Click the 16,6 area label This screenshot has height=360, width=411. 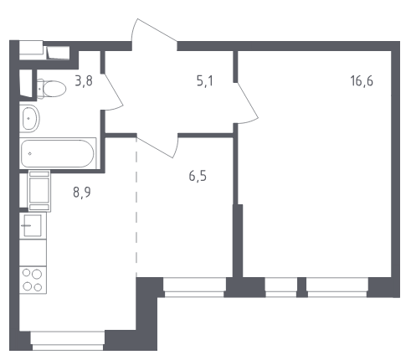(362, 81)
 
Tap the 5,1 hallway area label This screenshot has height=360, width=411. (205, 81)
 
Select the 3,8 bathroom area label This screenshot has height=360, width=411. (84, 81)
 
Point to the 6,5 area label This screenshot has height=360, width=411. (198, 177)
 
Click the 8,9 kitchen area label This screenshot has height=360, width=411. (82, 193)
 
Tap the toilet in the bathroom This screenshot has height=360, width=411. (51, 89)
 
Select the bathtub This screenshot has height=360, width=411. (58, 153)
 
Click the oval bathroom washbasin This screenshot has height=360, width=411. (29, 119)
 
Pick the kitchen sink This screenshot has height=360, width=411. (33, 225)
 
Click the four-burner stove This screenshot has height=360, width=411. (33, 280)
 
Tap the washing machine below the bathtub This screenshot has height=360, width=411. (39, 191)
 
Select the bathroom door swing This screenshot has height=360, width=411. (112, 92)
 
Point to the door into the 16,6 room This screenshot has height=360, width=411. (246, 103)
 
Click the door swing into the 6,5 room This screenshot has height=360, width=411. (157, 146)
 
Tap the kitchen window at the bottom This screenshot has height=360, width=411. (68, 341)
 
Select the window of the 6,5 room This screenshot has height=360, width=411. (194, 287)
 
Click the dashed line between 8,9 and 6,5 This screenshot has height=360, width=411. (136, 205)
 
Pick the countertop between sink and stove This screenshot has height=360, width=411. (33, 253)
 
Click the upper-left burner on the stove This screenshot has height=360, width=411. (26, 273)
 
